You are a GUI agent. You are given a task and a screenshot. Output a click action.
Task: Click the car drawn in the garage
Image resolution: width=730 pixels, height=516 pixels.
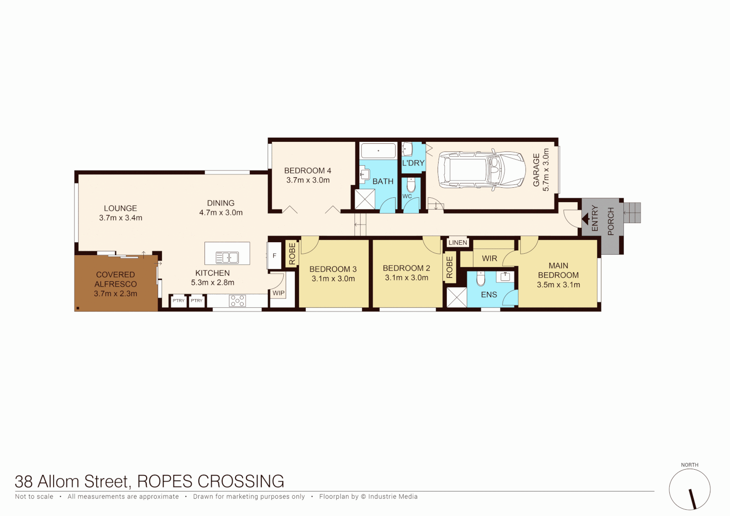point(481,170)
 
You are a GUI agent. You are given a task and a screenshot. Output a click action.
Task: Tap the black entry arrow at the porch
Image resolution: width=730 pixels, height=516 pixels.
point(585,219)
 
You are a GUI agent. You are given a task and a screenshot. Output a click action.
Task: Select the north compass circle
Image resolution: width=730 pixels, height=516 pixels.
point(689,489)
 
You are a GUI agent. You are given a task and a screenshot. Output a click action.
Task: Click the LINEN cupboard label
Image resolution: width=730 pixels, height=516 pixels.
point(458,243)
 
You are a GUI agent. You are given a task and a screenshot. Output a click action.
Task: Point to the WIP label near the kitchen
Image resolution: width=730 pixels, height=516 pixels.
point(279,293)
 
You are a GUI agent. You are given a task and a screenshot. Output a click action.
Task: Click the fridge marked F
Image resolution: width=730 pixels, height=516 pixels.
point(274,256)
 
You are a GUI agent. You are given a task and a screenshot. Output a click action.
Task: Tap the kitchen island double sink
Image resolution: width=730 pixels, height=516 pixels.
point(227,258)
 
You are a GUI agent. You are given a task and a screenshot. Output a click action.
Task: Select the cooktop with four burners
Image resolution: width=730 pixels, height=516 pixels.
point(237,301)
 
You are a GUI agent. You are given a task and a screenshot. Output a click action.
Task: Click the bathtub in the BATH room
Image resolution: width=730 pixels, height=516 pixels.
point(378,151)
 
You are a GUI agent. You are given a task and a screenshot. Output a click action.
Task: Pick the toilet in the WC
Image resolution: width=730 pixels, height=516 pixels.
point(411,185)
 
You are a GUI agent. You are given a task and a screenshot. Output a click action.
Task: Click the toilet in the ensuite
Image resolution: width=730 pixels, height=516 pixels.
point(481,278)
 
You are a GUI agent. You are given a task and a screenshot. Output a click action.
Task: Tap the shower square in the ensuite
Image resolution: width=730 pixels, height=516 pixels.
point(456,297)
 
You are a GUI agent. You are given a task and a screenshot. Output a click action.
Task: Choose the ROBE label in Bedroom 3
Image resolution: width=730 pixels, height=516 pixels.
point(292,254)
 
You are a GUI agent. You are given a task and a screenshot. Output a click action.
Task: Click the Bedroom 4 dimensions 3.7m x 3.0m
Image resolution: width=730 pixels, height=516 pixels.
point(308,180)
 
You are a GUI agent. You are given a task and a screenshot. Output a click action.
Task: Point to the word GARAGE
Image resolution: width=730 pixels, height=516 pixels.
point(536,170)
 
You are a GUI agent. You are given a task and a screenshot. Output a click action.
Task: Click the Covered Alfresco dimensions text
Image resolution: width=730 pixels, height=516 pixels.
point(116,293)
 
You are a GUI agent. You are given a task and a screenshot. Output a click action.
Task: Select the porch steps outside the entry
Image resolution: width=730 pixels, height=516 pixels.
point(632,213)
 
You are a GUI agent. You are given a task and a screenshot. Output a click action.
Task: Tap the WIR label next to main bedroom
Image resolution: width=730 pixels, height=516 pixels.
point(489,258)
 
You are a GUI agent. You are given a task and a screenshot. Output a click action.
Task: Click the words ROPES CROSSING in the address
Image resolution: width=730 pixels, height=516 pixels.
point(210,481)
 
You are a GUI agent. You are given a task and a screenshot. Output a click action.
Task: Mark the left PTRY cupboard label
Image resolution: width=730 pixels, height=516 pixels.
point(178,301)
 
